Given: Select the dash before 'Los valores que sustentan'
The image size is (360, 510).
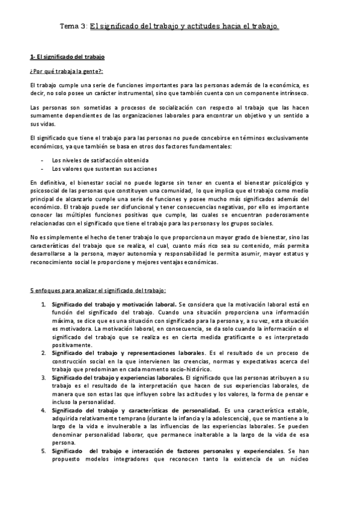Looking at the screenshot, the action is point(41,169).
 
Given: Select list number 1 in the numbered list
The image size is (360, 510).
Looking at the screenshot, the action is point(43,305).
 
